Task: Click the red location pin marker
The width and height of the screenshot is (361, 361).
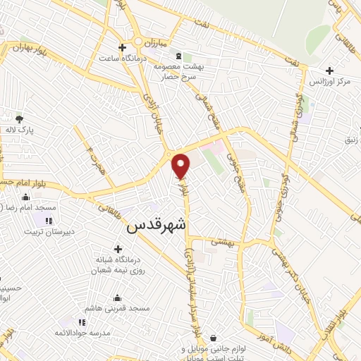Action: tap(181, 166)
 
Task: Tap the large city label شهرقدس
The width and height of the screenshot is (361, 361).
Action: tap(157, 227)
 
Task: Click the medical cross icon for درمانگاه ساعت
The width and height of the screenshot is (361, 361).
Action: tap(123, 48)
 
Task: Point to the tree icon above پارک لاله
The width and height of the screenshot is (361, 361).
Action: tap(19, 118)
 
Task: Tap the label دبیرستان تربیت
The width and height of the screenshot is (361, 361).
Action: tap(54, 232)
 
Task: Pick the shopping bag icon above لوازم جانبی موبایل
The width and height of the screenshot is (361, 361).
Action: tap(214, 338)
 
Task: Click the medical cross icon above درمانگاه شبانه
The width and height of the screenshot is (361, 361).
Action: tap(118, 248)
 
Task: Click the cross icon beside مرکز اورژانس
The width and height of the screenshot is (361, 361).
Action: tap(330, 70)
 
